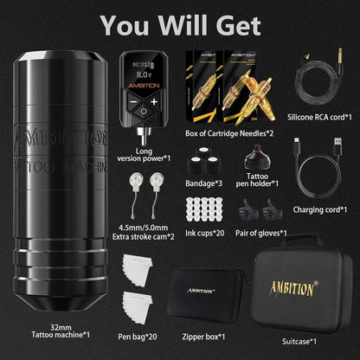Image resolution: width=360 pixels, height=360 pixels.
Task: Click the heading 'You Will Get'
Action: click(x=179, y=23)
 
